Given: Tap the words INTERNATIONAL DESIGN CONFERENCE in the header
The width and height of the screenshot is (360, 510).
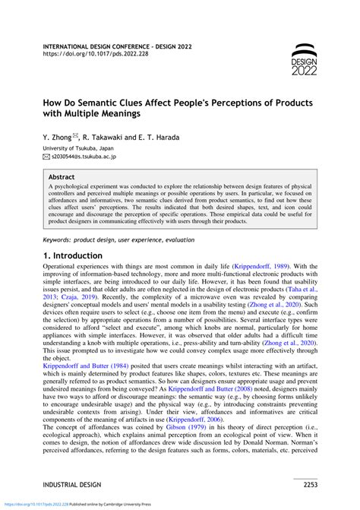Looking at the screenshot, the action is click(x=98, y=46).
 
